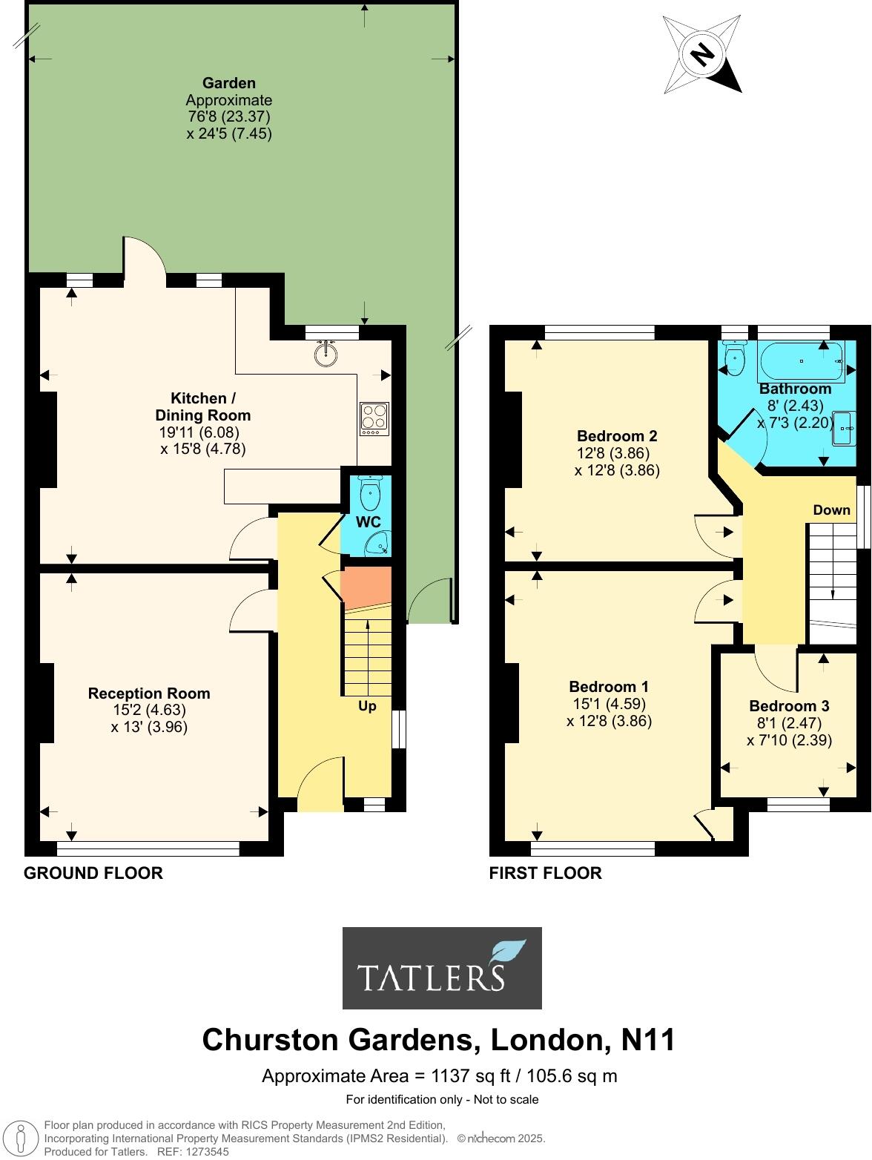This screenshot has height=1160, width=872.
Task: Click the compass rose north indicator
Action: (x=701, y=53)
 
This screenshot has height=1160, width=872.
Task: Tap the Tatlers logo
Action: (x=442, y=968)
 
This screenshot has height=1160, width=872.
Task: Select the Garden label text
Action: (x=229, y=83)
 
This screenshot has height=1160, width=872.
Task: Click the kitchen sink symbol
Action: (x=325, y=354)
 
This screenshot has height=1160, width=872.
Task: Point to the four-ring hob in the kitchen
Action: (x=374, y=418)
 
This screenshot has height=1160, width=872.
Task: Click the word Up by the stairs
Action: (x=367, y=706)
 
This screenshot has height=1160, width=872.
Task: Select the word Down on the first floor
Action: (x=831, y=510)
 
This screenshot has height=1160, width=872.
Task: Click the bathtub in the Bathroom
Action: (x=801, y=361)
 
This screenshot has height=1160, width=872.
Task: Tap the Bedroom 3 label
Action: (x=789, y=706)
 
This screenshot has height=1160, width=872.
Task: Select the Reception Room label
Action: (x=149, y=693)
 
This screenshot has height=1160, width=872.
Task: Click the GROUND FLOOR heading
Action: (x=93, y=873)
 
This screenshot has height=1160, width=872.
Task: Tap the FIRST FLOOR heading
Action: (x=545, y=873)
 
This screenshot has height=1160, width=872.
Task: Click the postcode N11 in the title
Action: (x=647, y=1040)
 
